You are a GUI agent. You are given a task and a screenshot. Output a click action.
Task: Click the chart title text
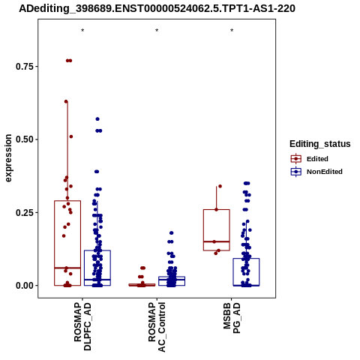157,8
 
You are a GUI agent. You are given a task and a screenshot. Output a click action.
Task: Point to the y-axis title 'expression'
8,158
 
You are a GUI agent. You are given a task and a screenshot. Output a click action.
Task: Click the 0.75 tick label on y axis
25,67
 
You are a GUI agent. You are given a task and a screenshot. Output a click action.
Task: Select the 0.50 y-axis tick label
25,139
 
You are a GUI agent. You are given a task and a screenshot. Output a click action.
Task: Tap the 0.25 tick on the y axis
25,212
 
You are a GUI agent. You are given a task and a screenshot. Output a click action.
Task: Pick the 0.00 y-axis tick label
25,286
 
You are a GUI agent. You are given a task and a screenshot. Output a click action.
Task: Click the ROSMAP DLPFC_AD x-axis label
82,326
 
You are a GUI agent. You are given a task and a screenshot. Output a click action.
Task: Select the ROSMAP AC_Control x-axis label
157,327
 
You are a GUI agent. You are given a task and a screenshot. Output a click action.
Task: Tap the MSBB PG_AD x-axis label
232,318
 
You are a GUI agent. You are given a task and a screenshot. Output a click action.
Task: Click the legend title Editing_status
320,144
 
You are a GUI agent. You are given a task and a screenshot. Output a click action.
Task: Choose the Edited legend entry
310,159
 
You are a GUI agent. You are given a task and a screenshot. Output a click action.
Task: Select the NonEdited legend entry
316,172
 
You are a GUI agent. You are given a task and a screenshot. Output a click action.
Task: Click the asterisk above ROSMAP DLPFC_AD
82,31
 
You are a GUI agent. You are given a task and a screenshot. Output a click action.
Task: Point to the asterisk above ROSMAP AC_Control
157,31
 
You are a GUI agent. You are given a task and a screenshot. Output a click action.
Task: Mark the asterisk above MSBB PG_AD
232,31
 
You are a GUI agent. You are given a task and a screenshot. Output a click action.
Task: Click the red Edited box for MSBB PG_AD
217,230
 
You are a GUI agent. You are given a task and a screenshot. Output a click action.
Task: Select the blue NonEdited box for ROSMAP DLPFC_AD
97,268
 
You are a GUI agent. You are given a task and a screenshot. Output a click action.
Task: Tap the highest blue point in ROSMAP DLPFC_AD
97,119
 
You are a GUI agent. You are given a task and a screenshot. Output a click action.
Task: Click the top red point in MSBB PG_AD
220,186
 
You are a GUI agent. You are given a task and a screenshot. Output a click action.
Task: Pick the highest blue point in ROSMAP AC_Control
172,233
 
